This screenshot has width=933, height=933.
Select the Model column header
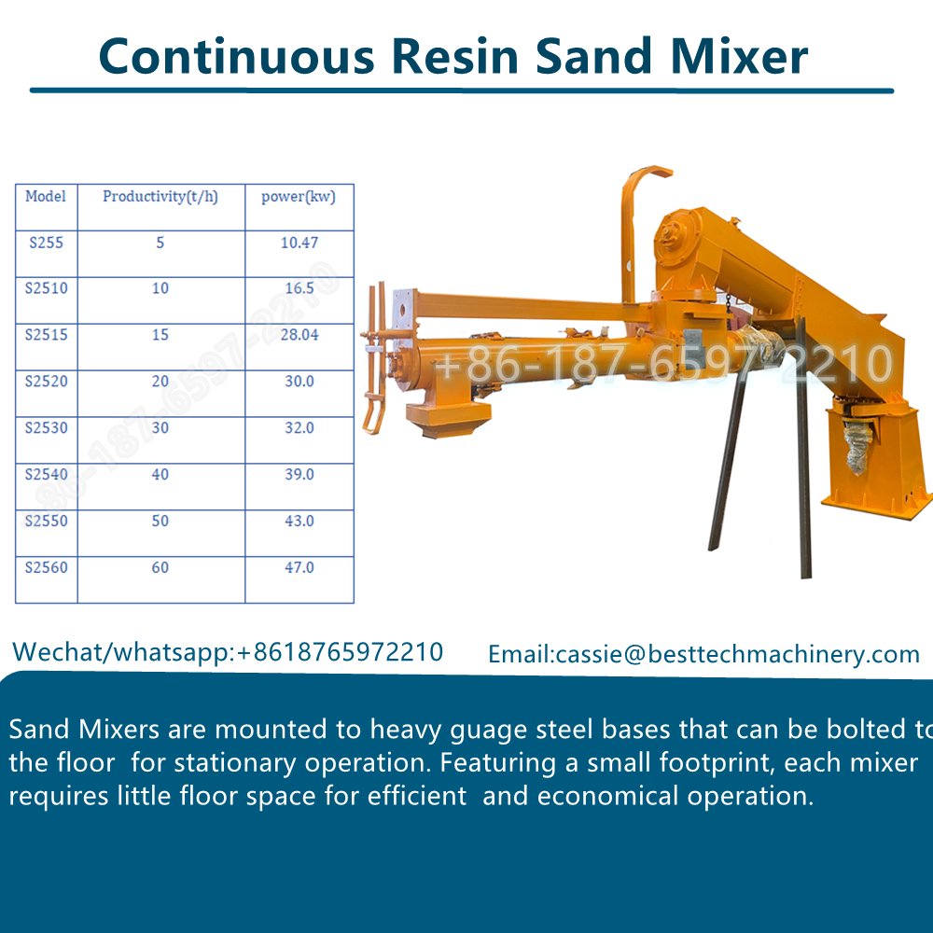click(x=46, y=197)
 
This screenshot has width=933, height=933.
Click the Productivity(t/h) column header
click(x=160, y=197)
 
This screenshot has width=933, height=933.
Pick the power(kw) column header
click(x=299, y=197)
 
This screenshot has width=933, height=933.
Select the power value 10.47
click(x=299, y=243)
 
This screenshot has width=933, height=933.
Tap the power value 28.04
click(x=299, y=335)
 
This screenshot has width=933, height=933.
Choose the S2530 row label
click(x=46, y=428)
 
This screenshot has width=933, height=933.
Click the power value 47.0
click(x=299, y=567)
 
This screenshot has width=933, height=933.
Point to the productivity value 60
click(x=160, y=567)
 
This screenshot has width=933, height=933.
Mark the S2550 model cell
click(x=46, y=522)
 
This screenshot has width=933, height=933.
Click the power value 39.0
click(x=299, y=475)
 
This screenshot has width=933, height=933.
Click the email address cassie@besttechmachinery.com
click(x=737, y=655)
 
